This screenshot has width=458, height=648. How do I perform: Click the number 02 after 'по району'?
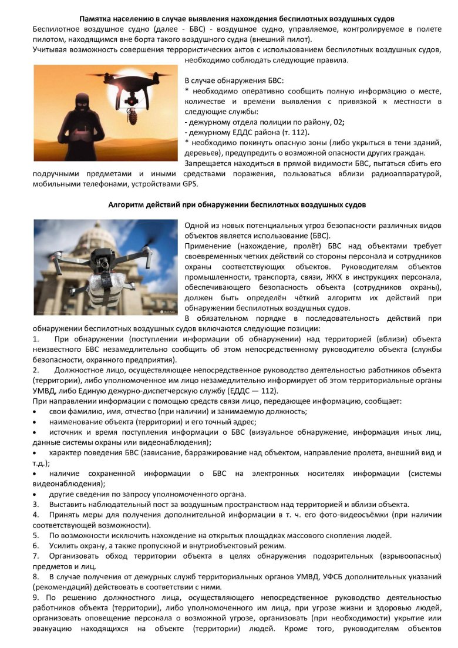pyautogui.click(x=338, y=122)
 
